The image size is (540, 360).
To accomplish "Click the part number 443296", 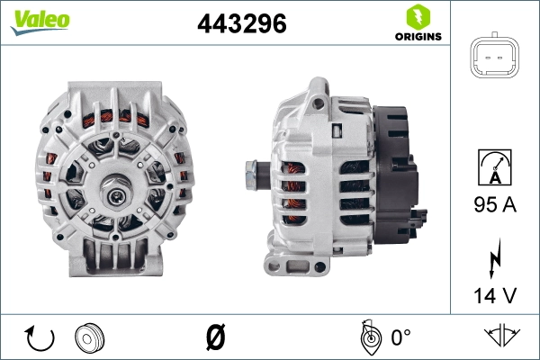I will [241, 25].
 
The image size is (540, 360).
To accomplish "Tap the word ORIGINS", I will [418, 37].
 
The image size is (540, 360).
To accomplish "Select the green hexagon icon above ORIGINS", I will [417, 16].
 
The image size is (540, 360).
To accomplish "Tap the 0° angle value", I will [400, 338].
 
